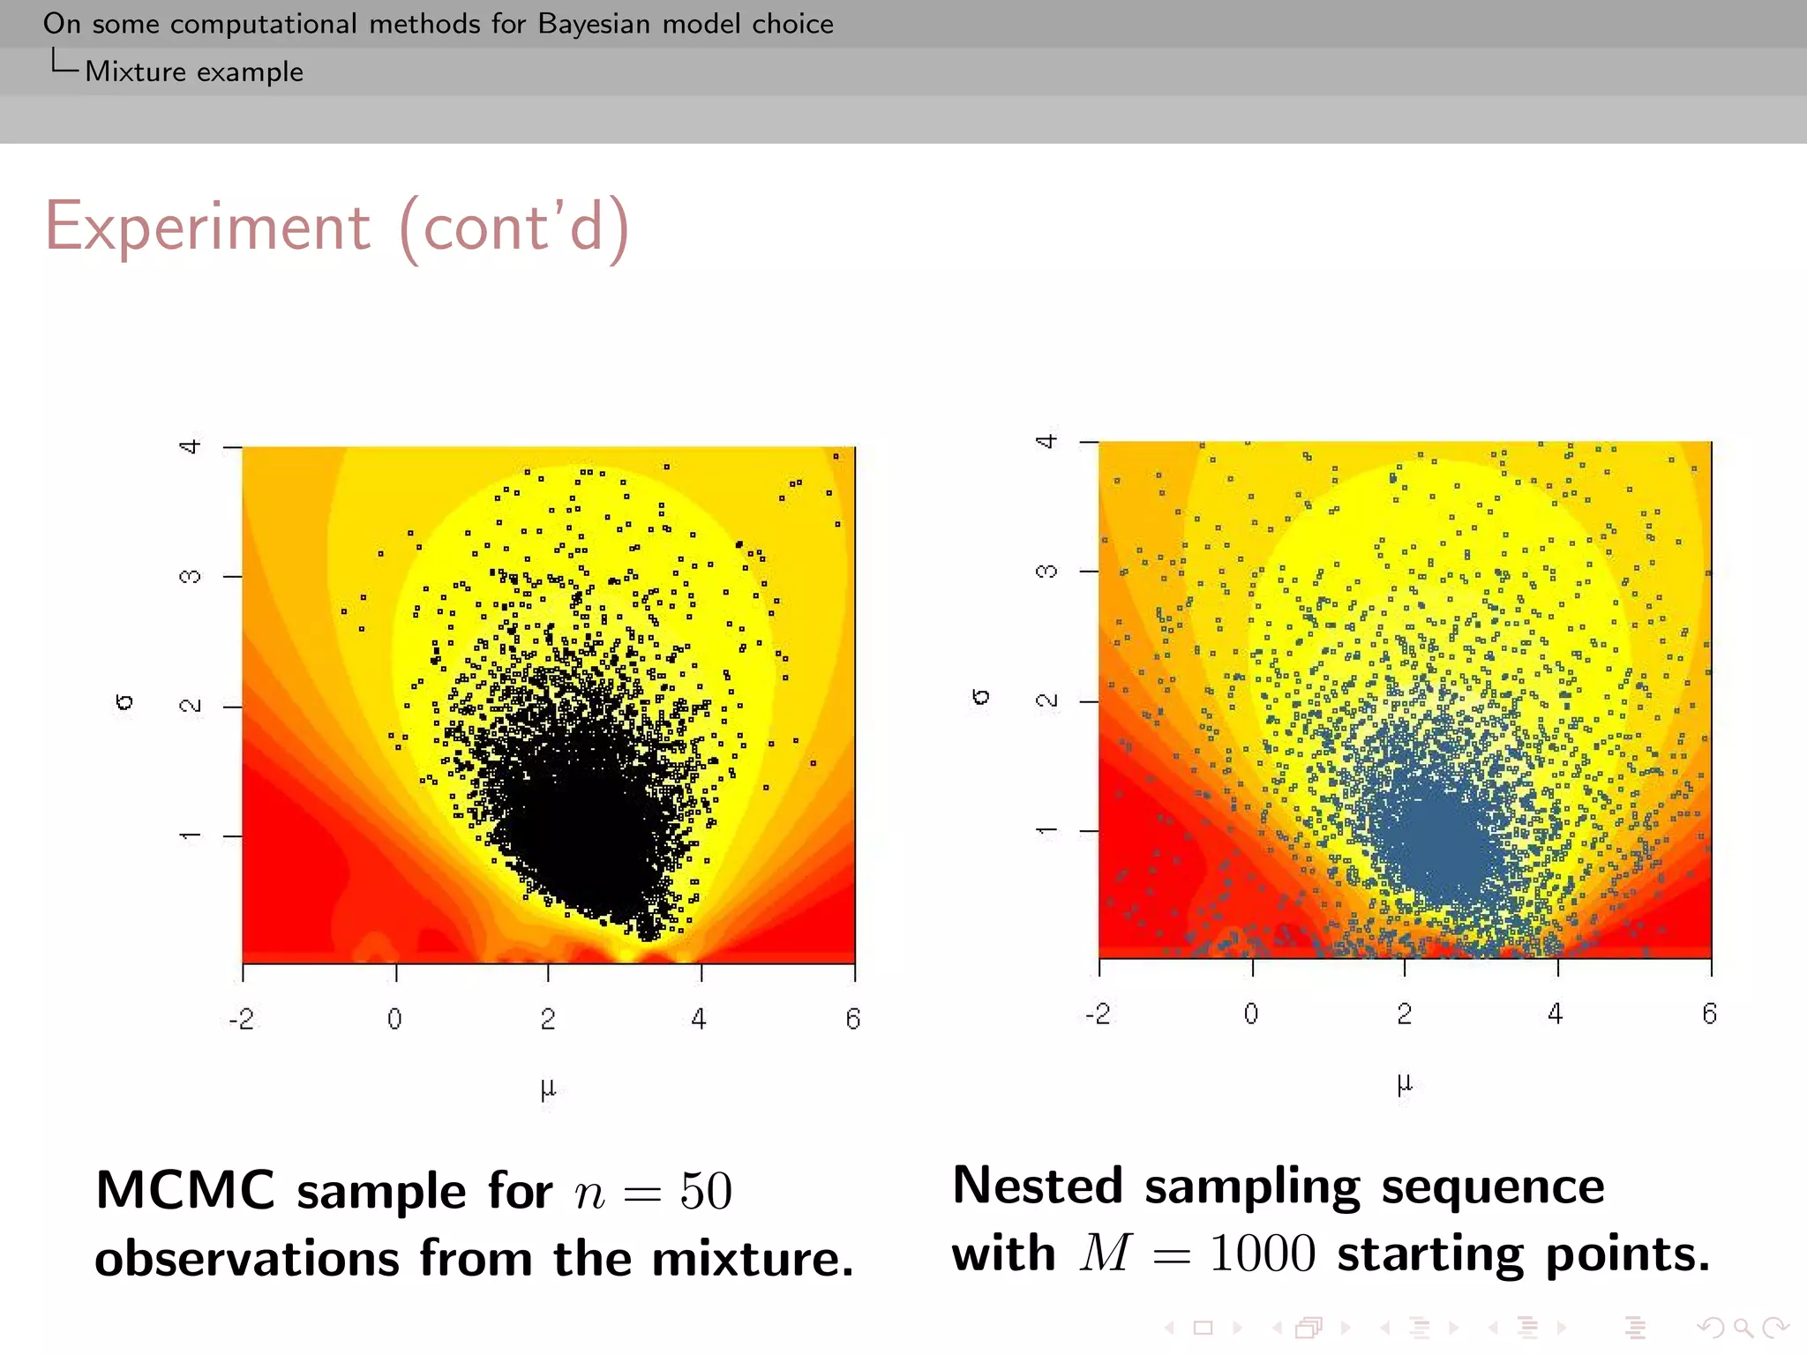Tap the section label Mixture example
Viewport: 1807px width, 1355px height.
click(193, 71)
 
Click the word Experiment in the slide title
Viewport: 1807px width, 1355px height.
click(207, 227)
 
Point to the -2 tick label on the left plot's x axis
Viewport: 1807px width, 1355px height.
click(241, 1019)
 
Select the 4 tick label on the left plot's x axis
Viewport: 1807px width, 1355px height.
click(699, 1019)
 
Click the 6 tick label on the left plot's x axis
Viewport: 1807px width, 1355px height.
click(852, 1019)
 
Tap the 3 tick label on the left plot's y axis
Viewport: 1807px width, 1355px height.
click(190, 577)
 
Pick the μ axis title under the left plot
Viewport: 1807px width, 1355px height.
click(548, 1089)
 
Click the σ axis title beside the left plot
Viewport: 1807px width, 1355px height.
click(124, 702)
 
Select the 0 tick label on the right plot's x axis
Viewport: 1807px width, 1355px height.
click(1251, 1014)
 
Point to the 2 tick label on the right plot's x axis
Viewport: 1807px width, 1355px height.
click(1404, 1014)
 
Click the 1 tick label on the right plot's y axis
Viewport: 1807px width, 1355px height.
click(1046, 830)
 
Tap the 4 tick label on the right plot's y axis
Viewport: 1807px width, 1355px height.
click(1046, 441)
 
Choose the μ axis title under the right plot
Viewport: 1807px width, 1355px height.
click(1405, 1083)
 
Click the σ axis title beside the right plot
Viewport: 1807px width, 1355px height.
click(980, 697)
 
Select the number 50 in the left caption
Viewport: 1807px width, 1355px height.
click(706, 1192)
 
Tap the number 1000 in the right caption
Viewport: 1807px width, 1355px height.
click(1262, 1254)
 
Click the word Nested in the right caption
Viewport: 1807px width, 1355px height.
click(1038, 1186)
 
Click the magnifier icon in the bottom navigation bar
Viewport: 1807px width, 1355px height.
click(1742, 1327)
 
